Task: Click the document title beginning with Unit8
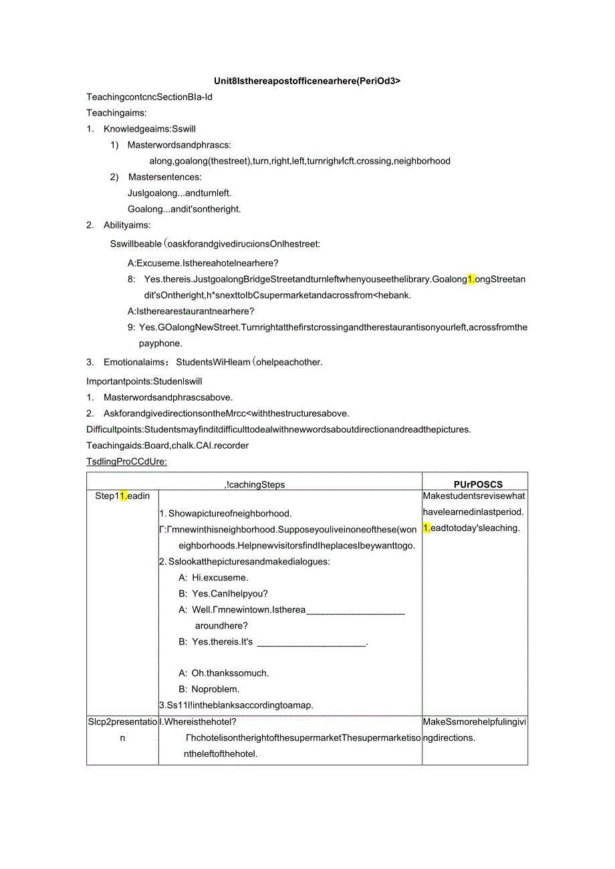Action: tap(307, 81)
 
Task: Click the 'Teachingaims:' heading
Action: tap(116, 113)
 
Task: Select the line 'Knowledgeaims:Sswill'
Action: tap(149, 129)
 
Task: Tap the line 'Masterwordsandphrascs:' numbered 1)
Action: tap(179, 145)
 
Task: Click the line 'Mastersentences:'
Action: tap(164, 177)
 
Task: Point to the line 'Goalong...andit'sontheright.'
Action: tap(184, 209)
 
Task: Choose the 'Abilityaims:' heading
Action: tap(127, 225)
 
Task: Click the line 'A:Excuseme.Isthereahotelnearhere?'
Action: tap(203, 263)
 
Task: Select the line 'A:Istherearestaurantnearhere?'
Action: tap(191, 311)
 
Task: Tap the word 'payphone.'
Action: tap(160, 343)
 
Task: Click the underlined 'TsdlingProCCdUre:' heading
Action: tap(127, 462)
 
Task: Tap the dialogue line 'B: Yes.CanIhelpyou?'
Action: tap(223, 594)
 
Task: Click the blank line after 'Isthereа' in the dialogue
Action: tap(356, 610)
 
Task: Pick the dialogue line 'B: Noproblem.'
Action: tap(209, 689)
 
